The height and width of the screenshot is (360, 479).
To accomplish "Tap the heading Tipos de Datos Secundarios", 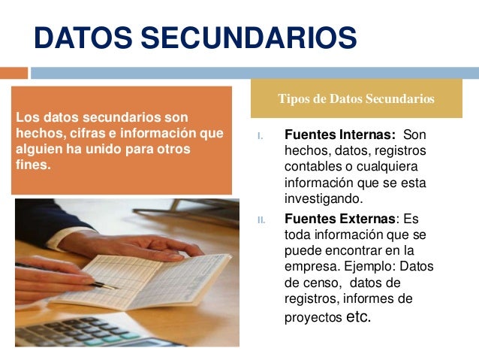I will [x=356, y=98].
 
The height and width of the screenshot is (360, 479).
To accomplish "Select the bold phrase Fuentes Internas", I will [x=339, y=136].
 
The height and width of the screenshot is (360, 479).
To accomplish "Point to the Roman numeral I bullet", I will [x=260, y=137].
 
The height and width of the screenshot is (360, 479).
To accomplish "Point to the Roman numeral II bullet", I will [x=261, y=219].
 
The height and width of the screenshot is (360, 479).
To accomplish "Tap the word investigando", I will [x=323, y=199].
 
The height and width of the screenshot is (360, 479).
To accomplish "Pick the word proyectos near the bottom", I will [x=312, y=318].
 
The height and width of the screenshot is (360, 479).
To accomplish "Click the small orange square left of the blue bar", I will [x=13, y=73].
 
